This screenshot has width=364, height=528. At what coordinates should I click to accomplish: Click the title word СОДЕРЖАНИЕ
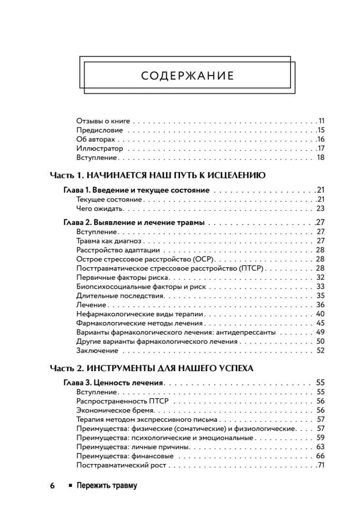pyautogui.click(x=188, y=76)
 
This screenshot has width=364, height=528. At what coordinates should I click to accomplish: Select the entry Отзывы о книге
pyautogui.click(x=103, y=121)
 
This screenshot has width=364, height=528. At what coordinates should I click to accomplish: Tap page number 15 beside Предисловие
pyautogui.click(x=320, y=130)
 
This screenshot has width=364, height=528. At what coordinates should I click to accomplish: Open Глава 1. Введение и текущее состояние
pyautogui.click(x=136, y=190)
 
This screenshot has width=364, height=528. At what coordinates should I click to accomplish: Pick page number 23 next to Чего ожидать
pyautogui.click(x=320, y=209)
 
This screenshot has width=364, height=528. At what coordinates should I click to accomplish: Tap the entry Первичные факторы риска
pyautogui.click(x=123, y=277)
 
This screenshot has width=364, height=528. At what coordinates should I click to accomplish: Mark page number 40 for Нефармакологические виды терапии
pyautogui.click(x=320, y=314)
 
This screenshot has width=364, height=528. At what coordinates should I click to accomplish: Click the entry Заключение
pyautogui.click(x=97, y=351)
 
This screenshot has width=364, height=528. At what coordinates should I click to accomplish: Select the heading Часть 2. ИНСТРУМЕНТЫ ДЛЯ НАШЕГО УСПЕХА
pyautogui.click(x=152, y=368)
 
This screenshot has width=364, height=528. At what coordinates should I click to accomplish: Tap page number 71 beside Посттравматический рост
pyautogui.click(x=320, y=465)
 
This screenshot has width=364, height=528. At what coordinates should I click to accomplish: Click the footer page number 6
pyautogui.click(x=52, y=486)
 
